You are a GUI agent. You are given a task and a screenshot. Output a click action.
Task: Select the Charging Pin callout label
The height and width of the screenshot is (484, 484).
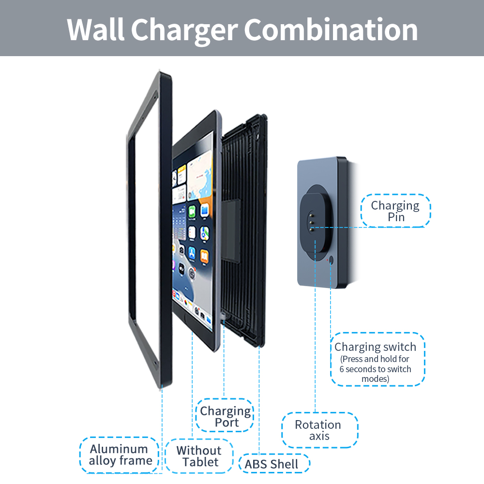(395, 211)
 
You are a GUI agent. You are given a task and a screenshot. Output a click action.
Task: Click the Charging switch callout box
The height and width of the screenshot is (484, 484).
(378, 359)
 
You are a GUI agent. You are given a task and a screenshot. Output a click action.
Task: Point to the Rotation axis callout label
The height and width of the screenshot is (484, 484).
(318, 430)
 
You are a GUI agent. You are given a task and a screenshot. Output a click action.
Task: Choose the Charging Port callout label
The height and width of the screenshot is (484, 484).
(226, 416)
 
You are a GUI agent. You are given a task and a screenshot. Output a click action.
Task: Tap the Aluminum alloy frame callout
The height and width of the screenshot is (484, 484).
(119, 455)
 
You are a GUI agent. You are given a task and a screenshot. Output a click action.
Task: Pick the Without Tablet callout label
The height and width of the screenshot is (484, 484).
(198, 456)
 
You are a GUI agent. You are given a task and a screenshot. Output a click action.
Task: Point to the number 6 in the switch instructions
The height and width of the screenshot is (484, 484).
(342, 369)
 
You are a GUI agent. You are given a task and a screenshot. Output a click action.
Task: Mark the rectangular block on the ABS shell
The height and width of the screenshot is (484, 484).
(231, 231)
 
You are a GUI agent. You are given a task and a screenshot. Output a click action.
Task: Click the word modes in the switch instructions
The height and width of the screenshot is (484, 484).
(375, 379)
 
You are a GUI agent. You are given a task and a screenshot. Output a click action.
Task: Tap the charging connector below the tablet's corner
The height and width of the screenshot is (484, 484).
(223, 317)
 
